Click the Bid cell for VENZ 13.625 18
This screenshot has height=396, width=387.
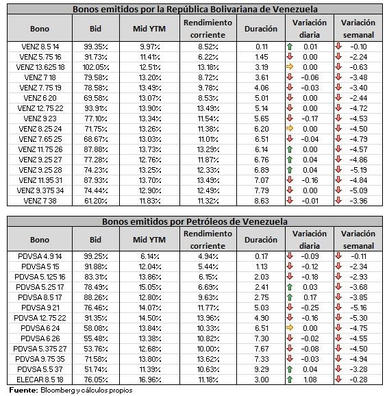click(x=96, y=67)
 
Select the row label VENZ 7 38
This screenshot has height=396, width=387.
click(x=40, y=201)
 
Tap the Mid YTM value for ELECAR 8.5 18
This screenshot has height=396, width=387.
click(x=150, y=380)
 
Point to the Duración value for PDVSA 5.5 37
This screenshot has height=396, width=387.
click(x=261, y=369)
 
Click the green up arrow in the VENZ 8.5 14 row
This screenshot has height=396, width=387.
click(x=290, y=47)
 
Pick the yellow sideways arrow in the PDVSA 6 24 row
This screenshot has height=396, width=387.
click(x=290, y=328)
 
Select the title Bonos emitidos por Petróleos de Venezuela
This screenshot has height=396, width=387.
click(x=195, y=221)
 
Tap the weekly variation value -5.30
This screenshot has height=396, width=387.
click(x=358, y=318)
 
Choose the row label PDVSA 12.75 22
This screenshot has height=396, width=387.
click(x=40, y=318)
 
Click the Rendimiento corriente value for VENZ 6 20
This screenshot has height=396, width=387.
click(x=208, y=98)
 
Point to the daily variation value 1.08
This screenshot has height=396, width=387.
click(x=310, y=380)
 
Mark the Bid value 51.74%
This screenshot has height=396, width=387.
click(x=96, y=369)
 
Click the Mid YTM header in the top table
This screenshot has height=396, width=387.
click(x=149, y=29)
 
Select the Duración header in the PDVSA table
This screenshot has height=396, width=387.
click(x=261, y=240)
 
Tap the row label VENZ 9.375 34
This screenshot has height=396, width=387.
click(x=40, y=190)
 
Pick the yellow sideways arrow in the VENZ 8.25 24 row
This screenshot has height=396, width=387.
click(x=290, y=129)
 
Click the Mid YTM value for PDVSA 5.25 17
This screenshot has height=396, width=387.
click(x=150, y=287)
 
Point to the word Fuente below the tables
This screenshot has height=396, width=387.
click(x=23, y=391)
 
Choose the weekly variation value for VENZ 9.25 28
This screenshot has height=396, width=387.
click(x=358, y=170)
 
